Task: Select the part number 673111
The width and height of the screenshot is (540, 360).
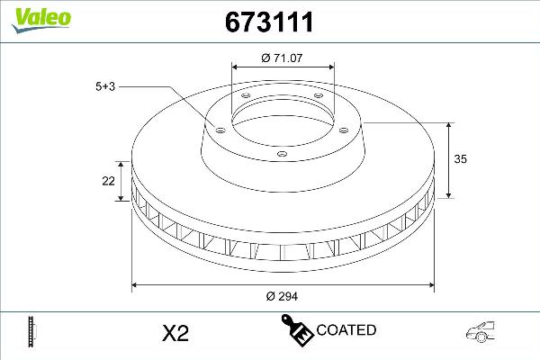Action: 266,22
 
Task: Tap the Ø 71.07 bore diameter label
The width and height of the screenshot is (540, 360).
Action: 283,58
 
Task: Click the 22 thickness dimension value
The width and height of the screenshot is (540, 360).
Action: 108,181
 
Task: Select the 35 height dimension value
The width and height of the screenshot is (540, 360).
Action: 462,158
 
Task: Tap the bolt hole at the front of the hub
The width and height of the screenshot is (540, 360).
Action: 281,154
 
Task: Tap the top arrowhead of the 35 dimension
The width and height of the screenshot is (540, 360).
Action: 449,123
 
